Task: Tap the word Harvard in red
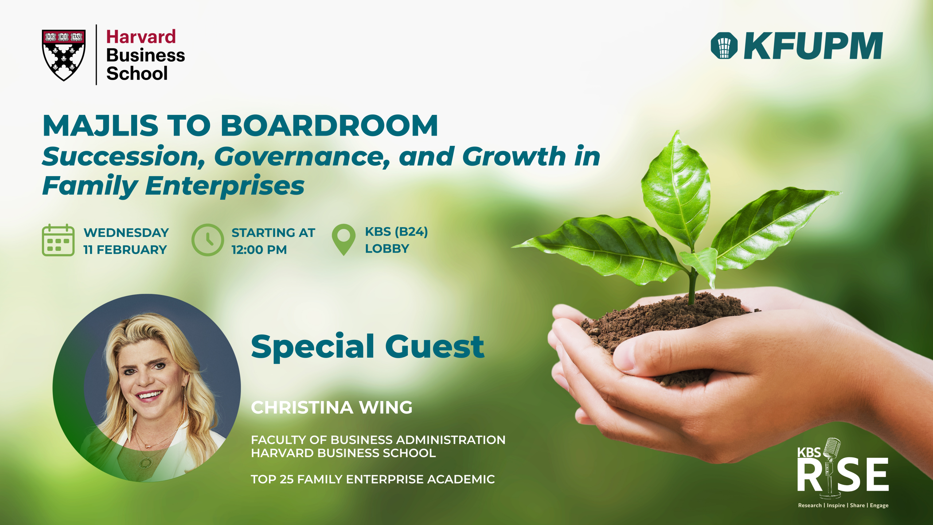[141, 37]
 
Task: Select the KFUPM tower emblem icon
[724, 46]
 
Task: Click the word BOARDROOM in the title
[329, 125]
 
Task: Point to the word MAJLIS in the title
[101, 126]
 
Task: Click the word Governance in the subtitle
[302, 157]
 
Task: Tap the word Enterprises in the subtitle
[225, 186]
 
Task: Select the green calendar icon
[58, 240]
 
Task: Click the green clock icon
[208, 240]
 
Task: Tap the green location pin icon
[344, 240]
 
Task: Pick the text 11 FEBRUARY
[125, 250]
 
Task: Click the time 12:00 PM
[259, 250]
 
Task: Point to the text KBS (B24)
[397, 232]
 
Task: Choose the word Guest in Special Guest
[435, 347]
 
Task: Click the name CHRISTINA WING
[332, 407]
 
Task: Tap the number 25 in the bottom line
[286, 479]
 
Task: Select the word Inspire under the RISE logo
[836, 505]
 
